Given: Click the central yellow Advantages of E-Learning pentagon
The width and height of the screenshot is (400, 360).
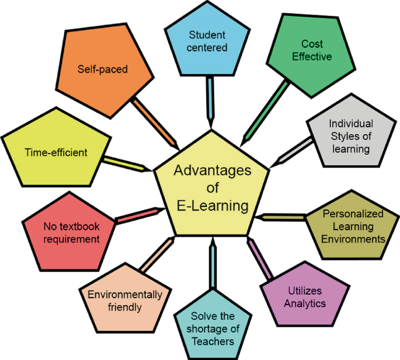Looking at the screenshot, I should click(x=211, y=187).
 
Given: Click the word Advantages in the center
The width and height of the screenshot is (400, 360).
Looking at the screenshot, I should click(x=212, y=171).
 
